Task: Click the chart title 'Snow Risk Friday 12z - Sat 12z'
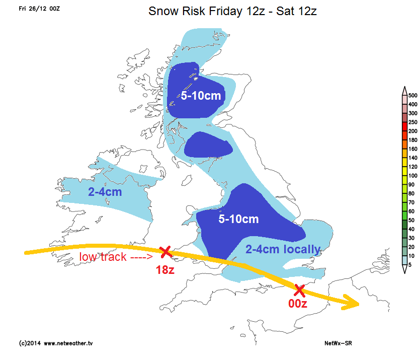(232, 11)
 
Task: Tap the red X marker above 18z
(164, 251)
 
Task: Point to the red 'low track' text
(116, 257)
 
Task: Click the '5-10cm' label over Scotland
(201, 95)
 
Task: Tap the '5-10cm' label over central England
(238, 219)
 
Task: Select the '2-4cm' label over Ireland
(105, 192)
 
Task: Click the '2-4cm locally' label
(283, 249)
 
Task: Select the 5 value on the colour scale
(410, 265)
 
